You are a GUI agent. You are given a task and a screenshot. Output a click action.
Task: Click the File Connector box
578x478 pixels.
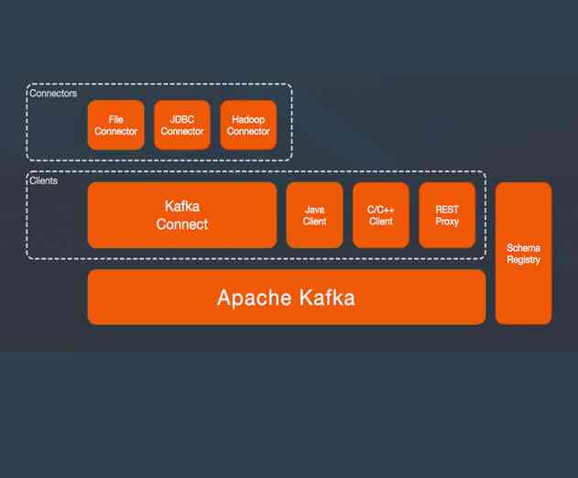tap(116, 125)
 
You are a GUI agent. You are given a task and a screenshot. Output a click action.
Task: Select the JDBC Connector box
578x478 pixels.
tap(181, 125)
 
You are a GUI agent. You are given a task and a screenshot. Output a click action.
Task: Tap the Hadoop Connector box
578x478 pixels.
tap(248, 125)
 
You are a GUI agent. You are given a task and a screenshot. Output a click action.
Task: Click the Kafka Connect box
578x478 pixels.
tap(181, 215)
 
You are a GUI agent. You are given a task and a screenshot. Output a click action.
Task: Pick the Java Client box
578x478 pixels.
tap(314, 215)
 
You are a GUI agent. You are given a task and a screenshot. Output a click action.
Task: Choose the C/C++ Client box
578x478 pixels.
tap(380, 215)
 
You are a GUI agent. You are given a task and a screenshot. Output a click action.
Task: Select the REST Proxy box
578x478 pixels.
tap(447, 215)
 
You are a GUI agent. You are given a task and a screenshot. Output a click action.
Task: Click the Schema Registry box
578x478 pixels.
tap(523, 254)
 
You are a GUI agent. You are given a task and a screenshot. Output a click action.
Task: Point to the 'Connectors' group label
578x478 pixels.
tap(53, 93)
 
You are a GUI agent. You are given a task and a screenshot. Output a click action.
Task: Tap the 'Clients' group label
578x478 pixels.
tap(44, 181)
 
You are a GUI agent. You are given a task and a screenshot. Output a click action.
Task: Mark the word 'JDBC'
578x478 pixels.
tap(181, 119)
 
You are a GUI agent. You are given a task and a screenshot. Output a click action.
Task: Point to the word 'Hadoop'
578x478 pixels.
tap(248, 119)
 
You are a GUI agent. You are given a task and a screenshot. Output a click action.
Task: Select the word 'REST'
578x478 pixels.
tap(447, 210)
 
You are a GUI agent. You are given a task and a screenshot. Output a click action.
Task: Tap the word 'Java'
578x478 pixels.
tap(314, 210)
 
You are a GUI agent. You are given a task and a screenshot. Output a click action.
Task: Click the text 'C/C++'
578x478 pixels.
tap(380, 210)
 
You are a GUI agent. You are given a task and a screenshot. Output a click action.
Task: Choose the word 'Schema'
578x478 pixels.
tap(523, 248)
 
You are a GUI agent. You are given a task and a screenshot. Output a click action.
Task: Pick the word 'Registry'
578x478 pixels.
tap(523, 260)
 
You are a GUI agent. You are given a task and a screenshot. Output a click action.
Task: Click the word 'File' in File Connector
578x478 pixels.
tap(116, 119)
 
